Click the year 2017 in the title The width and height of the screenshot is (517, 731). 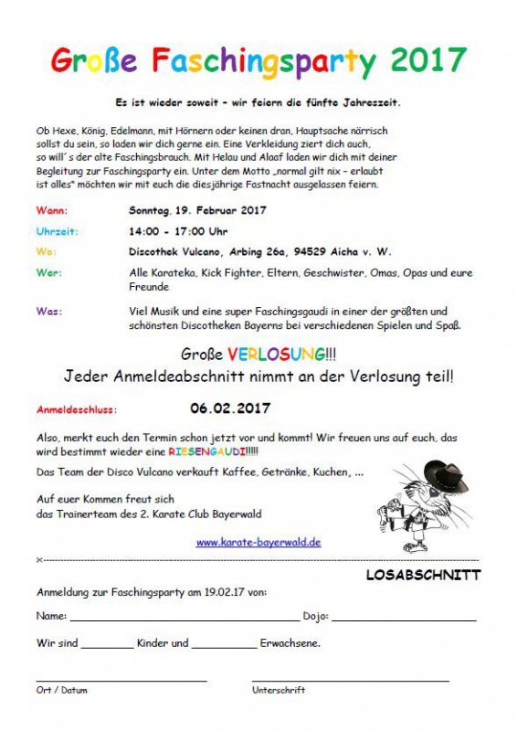point(428,61)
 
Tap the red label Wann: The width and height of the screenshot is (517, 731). point(51,209)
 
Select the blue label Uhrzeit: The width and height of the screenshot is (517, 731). point(57,231)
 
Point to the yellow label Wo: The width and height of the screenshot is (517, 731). point(47,250)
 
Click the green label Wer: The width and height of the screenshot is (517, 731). point(49,272)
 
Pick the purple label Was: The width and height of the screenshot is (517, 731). point(49,312)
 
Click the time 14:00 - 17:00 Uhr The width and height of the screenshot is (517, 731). point(178,231)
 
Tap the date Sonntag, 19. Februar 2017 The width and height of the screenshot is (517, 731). point(197,209)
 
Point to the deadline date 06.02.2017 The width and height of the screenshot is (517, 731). point(230,408)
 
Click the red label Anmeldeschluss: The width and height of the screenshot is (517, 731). point(77,409)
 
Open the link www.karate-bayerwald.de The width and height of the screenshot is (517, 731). point(258,542)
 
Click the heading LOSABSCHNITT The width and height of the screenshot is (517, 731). point(423,576)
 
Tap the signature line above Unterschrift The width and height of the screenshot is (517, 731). point(351,679)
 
